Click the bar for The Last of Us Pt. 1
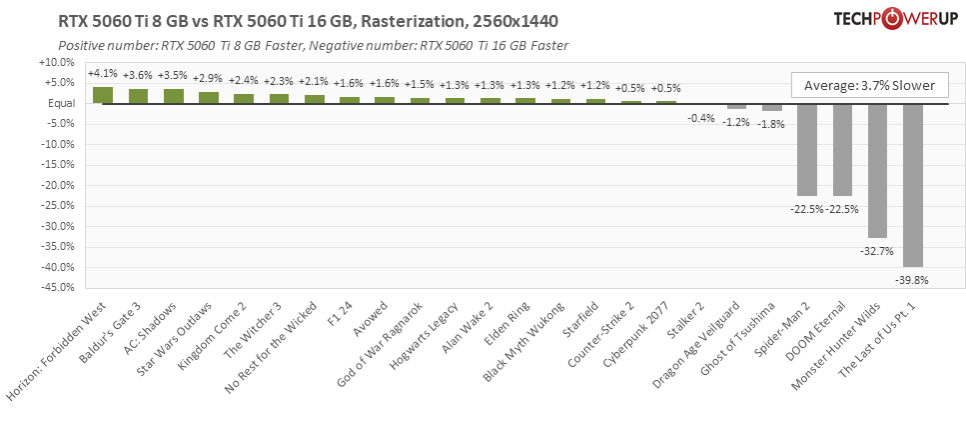tap(912, 185)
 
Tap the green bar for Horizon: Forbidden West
tap(103, 95)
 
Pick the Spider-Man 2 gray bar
tap(807, 149)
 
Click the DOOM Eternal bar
tap(842, 149)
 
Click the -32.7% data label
tap(874, 250)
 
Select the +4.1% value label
tap(103, 73)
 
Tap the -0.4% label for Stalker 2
tap(701, 118)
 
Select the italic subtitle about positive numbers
tap(313, 46)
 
